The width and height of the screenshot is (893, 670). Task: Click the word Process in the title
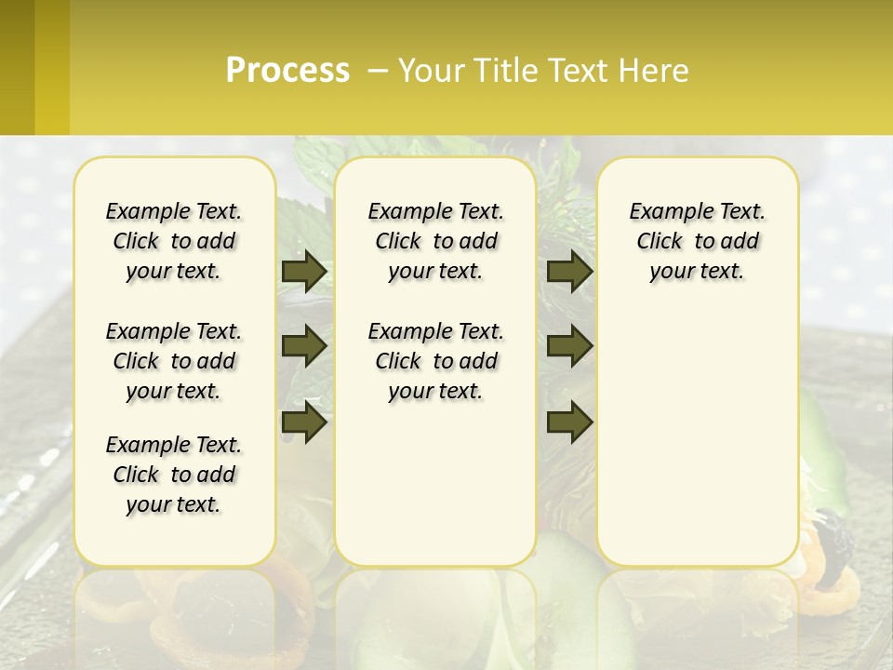pyautogui.click(x=287, y=71)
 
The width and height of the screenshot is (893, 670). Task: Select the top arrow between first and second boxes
pyautogui.click(x=304, y=272)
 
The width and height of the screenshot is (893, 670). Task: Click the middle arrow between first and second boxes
pyautogui.click(x=304, y=346)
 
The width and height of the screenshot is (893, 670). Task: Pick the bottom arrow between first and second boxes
pyautogui.click(x=304, y=422)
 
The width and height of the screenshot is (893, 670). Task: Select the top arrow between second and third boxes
pyautogui.click(x=569, y=272)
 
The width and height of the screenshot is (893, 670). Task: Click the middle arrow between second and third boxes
pyautogui.click(x=569, y=346)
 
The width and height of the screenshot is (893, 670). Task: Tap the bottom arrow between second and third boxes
pyautogui.click(x=569, y=422)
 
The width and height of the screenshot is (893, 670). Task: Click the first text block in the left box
pyautogui.click(x=174, y=241)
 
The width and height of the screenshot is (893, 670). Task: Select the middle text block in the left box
pyautogui.click(x=174, y=361)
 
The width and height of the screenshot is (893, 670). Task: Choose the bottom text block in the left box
pyautogui.click(x=174, y=475)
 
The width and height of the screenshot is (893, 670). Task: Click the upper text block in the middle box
pyautogui.click(x=435, y=241)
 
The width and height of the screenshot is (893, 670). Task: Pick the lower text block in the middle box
pyautogui.click(x=435, y=361)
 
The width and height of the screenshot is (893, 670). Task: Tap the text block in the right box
pyautogui.click(x=697, y=241)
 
